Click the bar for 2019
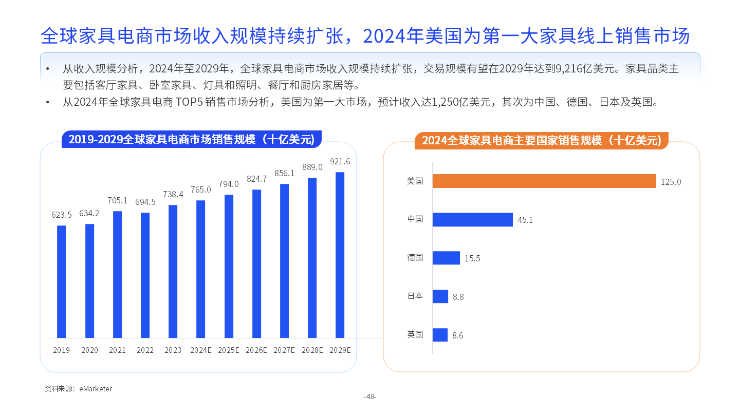pos(61,281)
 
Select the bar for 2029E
pos(340,255)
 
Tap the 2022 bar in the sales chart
pos(145,275)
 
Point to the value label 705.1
pos(117,200)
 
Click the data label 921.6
pos(340,161)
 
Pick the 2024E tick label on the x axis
pos(200,350)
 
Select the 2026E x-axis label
pos(256,350)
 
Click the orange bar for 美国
pos(544,181)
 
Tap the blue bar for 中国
pos(472,219)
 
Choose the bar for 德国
pos(446,258)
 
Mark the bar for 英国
pos(440,335)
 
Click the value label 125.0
pos(671,182)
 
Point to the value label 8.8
pos(458,297)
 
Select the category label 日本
pos(415,296)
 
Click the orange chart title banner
pos(541,140)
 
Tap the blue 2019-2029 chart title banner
pos(191,139)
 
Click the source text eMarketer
pos(96,389)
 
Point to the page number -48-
pos(369,396)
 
